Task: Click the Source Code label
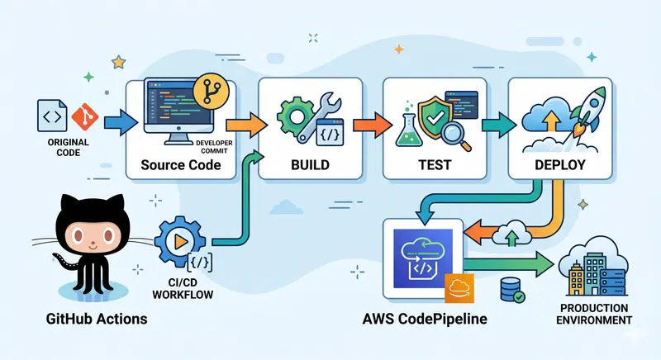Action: coord(180,164)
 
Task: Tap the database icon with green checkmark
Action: coord(510,290)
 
